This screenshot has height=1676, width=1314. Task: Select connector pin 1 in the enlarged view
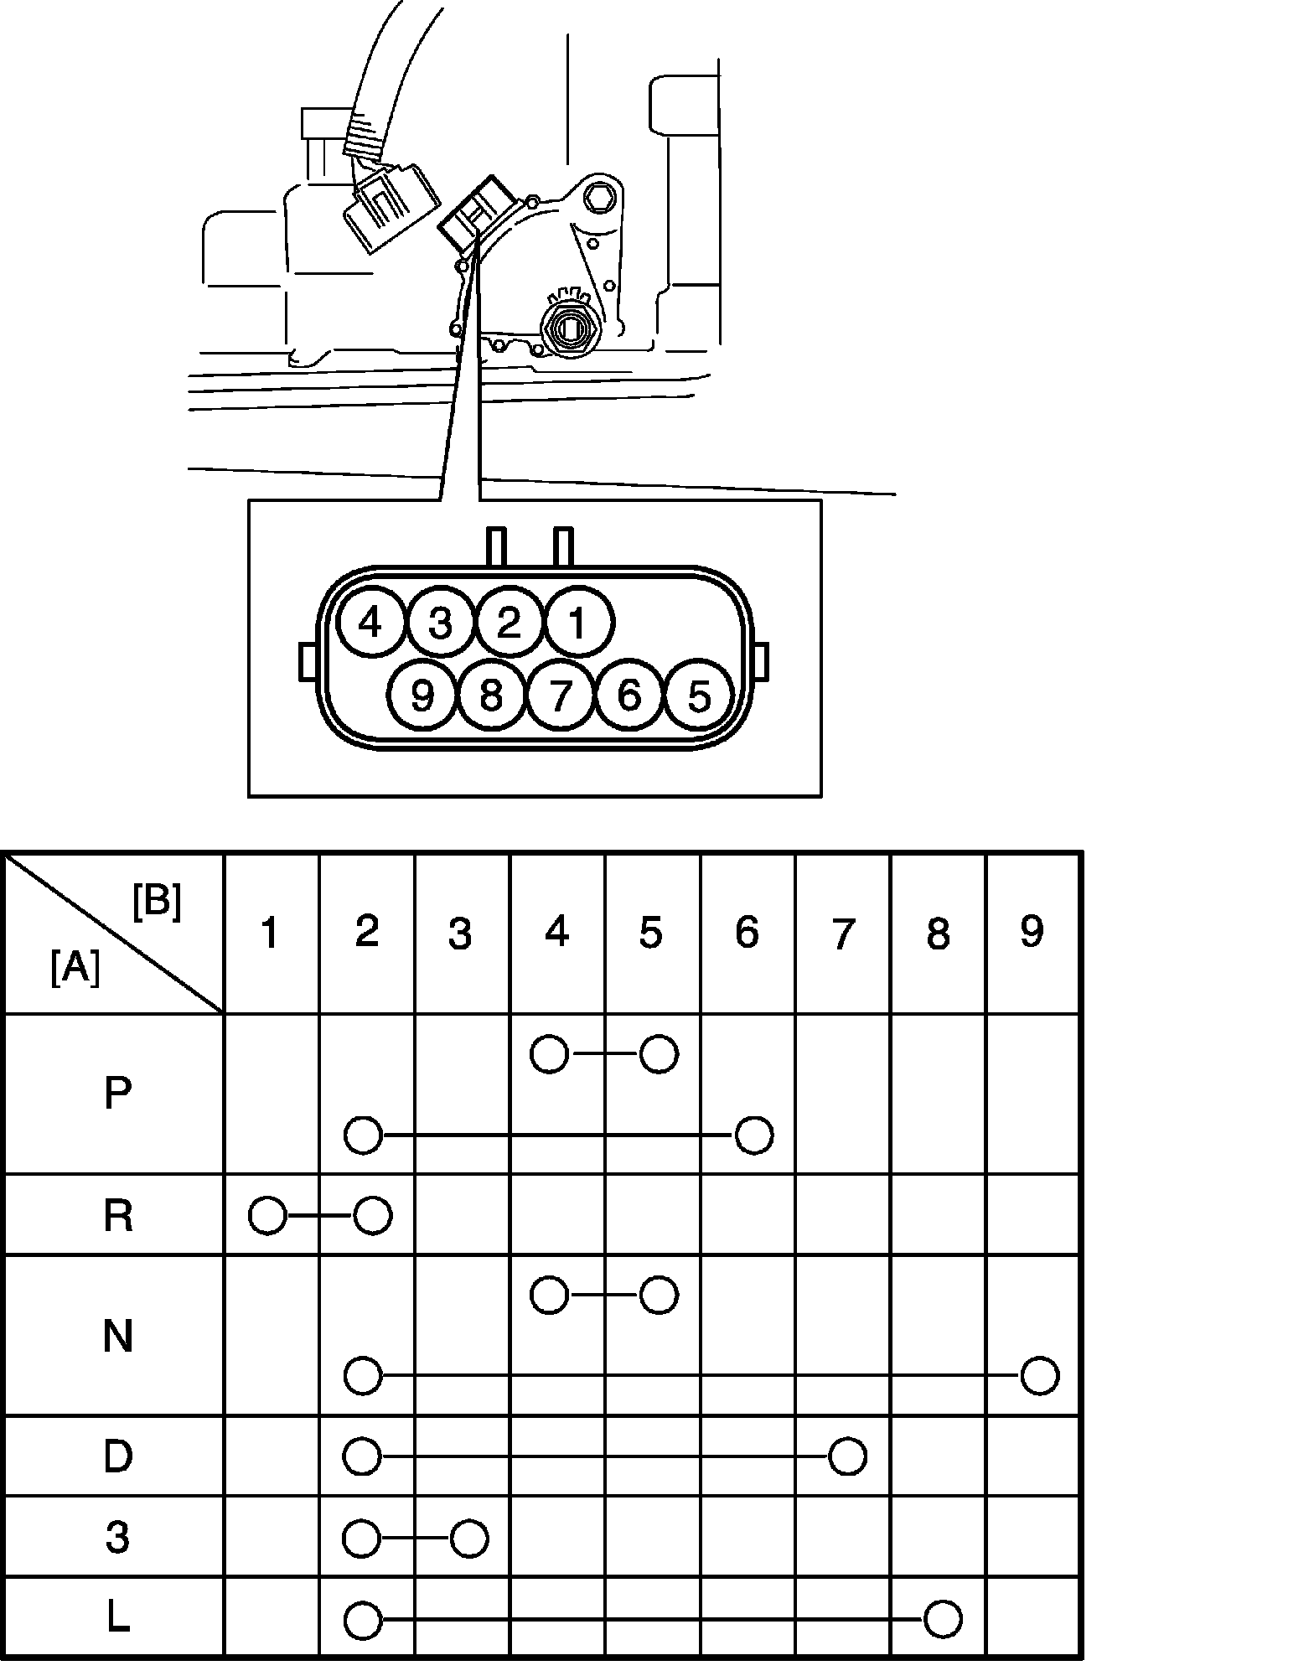pos(578,623)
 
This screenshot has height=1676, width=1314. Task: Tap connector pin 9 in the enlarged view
pos(422,695)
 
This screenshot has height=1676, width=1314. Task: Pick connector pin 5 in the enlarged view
pos(698,695)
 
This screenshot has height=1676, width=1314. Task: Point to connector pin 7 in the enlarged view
pos(561,695)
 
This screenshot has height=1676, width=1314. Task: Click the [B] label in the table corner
pos(157,903)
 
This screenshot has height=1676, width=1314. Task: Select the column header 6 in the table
pos(747,932)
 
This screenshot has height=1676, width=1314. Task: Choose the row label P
pos(117,1094)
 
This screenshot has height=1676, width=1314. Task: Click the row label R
pos(117,1216)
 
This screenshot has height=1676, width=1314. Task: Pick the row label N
pos(117,1336)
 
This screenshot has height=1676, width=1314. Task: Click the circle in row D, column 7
pos(847,1456)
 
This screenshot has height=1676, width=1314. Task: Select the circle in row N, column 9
pos(1040,1376)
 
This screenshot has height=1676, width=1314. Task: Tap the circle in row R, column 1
pos(267,1216)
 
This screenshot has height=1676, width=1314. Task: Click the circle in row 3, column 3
pos(468,1539)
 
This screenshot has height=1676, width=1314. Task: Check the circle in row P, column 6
pos(753,1135)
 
